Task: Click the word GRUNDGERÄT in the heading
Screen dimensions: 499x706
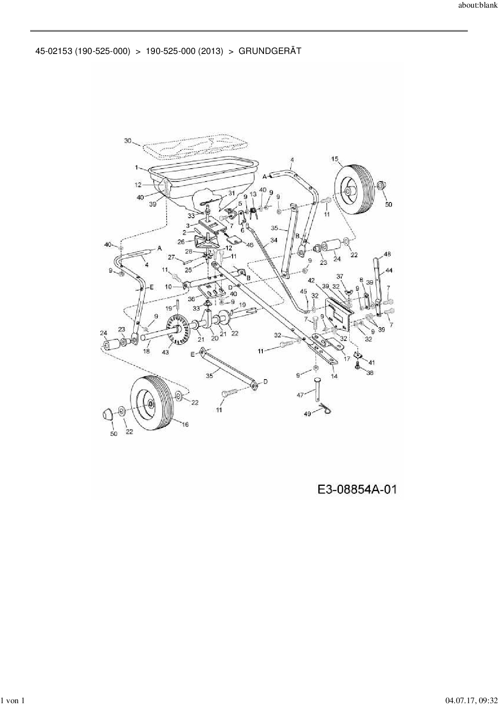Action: (x=270, y=51)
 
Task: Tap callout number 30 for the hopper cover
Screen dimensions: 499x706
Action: (x=128, y=140)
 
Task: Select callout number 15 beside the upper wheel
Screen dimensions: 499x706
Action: (x=335, y=159)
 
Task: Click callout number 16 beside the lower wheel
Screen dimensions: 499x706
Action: (x=185, y=425)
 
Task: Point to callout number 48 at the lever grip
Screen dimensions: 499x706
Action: (x=388, y=254)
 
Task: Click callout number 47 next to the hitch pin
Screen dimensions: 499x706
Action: (x=300, y=395)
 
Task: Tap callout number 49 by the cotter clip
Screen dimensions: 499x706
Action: (x=307, y=413)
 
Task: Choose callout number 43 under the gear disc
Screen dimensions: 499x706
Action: (x=165, y=352)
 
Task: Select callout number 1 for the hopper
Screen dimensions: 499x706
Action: (x=136, y=167)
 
